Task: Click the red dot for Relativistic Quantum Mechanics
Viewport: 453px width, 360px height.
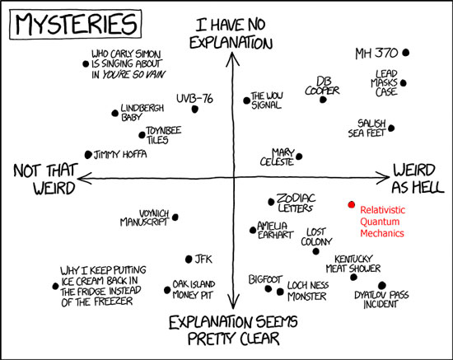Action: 352,205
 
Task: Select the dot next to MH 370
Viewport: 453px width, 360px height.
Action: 406,53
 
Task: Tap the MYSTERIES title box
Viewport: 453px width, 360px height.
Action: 76,24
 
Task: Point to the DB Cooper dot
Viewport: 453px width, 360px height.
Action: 323,100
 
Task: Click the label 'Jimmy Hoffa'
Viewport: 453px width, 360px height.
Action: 120,154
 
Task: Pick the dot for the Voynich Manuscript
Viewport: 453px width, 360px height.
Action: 175,217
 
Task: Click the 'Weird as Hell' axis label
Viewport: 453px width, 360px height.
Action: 418,178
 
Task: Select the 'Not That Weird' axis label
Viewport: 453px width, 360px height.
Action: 45,179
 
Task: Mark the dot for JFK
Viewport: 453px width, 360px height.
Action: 189,259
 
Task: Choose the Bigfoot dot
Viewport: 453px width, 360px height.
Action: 269,288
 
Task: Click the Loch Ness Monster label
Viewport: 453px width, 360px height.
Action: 308,291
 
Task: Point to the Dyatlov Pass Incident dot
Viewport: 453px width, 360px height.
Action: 382,286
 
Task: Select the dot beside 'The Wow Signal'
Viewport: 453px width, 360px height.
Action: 246,101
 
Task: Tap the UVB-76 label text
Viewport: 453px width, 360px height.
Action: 194,99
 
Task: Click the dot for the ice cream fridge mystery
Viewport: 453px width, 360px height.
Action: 55,286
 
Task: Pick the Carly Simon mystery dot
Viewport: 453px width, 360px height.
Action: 86,63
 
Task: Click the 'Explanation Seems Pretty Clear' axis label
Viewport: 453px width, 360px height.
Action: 233,330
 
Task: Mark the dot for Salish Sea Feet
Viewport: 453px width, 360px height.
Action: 391,128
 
